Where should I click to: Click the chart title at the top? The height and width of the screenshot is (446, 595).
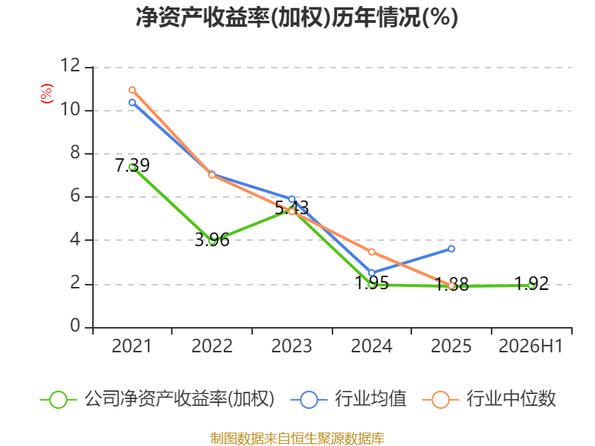coord(297,17)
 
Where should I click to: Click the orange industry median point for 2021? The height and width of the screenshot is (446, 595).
coord(132,90)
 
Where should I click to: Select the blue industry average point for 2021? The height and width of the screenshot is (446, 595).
coord(132,103)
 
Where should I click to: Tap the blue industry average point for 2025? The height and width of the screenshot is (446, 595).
coord(451,249)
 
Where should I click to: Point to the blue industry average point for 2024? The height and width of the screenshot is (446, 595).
coord(371,273)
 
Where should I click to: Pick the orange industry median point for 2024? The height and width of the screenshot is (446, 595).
coord(371,252)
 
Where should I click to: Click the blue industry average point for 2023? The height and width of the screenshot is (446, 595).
coord(292,199)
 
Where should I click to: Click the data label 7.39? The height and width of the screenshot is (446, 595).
coord(132,165)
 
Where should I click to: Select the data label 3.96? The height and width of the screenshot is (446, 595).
coord(212,240)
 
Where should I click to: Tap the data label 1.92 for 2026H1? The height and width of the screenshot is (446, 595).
coord(532,284)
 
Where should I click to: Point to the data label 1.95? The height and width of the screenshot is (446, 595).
coord(372,283)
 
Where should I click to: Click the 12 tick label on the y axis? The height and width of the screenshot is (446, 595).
coord(71,65)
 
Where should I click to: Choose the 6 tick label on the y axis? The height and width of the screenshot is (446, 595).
coord(75,195)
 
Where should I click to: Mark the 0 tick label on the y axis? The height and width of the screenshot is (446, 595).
coord(75,326)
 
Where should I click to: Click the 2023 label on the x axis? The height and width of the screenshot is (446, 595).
coord(292,346)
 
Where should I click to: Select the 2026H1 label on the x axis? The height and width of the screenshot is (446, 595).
coord(530,346)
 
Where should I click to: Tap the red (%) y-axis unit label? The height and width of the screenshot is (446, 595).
coord(47,94)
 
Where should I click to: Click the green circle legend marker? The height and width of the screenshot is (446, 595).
coord(58,400)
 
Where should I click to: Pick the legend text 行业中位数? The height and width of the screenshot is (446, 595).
coord(511,398)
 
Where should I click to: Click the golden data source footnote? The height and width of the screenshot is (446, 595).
coord(297,439)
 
